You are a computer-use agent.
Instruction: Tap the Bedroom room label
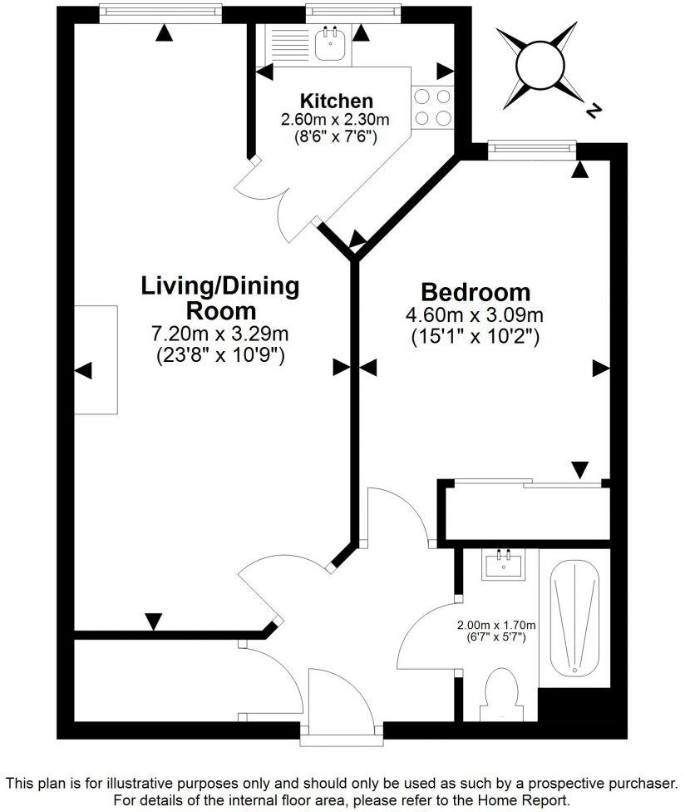[x=475, y=292]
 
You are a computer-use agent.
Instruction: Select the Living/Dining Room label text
[x=220, y=299]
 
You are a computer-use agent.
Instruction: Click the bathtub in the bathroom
[x=574, y=616]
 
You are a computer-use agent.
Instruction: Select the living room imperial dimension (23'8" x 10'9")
[x=220, y=356]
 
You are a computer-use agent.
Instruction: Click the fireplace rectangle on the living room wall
[x=96, y=359]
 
